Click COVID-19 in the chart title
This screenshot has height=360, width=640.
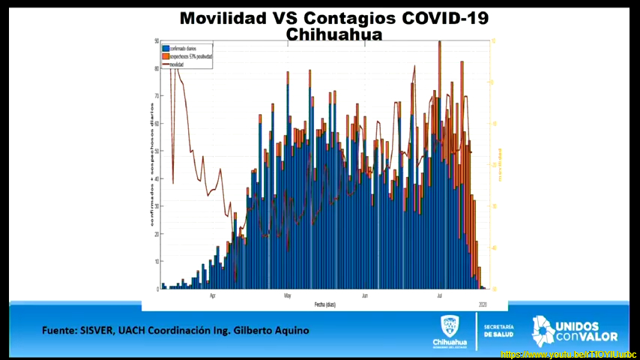tap(446, 18)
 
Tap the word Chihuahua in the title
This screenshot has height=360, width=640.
tap(334, 34)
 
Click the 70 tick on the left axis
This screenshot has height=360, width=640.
tap(157, 96)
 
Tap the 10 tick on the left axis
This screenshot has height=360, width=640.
tap(157, 261)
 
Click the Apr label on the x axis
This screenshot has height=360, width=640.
tap(214, 295)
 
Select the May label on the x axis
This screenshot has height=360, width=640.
tap(287, 295)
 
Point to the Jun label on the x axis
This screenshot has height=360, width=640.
tap(364, 295)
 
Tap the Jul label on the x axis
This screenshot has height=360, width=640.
tap(439, 295)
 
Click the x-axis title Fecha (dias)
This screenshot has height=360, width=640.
tap(324, 304)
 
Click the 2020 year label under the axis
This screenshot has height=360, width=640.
tap(483, 304)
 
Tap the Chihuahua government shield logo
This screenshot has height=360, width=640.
tap(449, 327)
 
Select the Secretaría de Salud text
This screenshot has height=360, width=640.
tap(499, 331)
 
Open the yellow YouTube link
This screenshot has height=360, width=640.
tap(567, 354)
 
